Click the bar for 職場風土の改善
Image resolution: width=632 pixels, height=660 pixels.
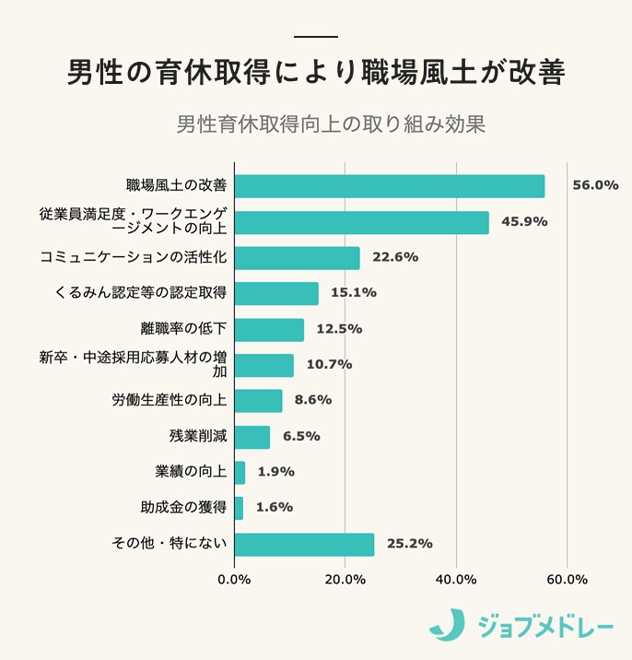tap(389, 186)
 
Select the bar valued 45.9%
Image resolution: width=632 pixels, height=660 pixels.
tap(361, 222)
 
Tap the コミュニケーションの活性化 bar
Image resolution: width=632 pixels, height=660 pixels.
tap(297, 258)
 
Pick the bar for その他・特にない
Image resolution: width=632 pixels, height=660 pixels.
tap(304, 544)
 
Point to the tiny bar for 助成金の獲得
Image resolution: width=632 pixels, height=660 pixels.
tap(239, 508)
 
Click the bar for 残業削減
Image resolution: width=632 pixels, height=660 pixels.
tap(252, 437)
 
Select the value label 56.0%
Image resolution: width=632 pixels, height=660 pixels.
tap(594, 185)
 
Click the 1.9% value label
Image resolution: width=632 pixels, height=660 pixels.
tap(275, 472)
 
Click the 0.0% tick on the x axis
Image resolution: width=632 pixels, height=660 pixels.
tap(234, 580)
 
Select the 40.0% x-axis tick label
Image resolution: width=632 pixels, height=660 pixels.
tap(455, 580)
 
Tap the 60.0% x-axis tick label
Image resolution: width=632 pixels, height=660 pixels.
tap(567, 580)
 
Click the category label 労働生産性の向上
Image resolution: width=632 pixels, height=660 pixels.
tap(170, 401)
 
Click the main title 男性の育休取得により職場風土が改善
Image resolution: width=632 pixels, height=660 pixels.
tap(315, 73)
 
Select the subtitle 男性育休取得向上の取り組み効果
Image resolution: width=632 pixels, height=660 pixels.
tap(330, 124)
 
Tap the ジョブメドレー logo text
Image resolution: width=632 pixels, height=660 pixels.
tap(545, 628)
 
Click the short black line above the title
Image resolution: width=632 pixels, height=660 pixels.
tap(315, 36)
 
